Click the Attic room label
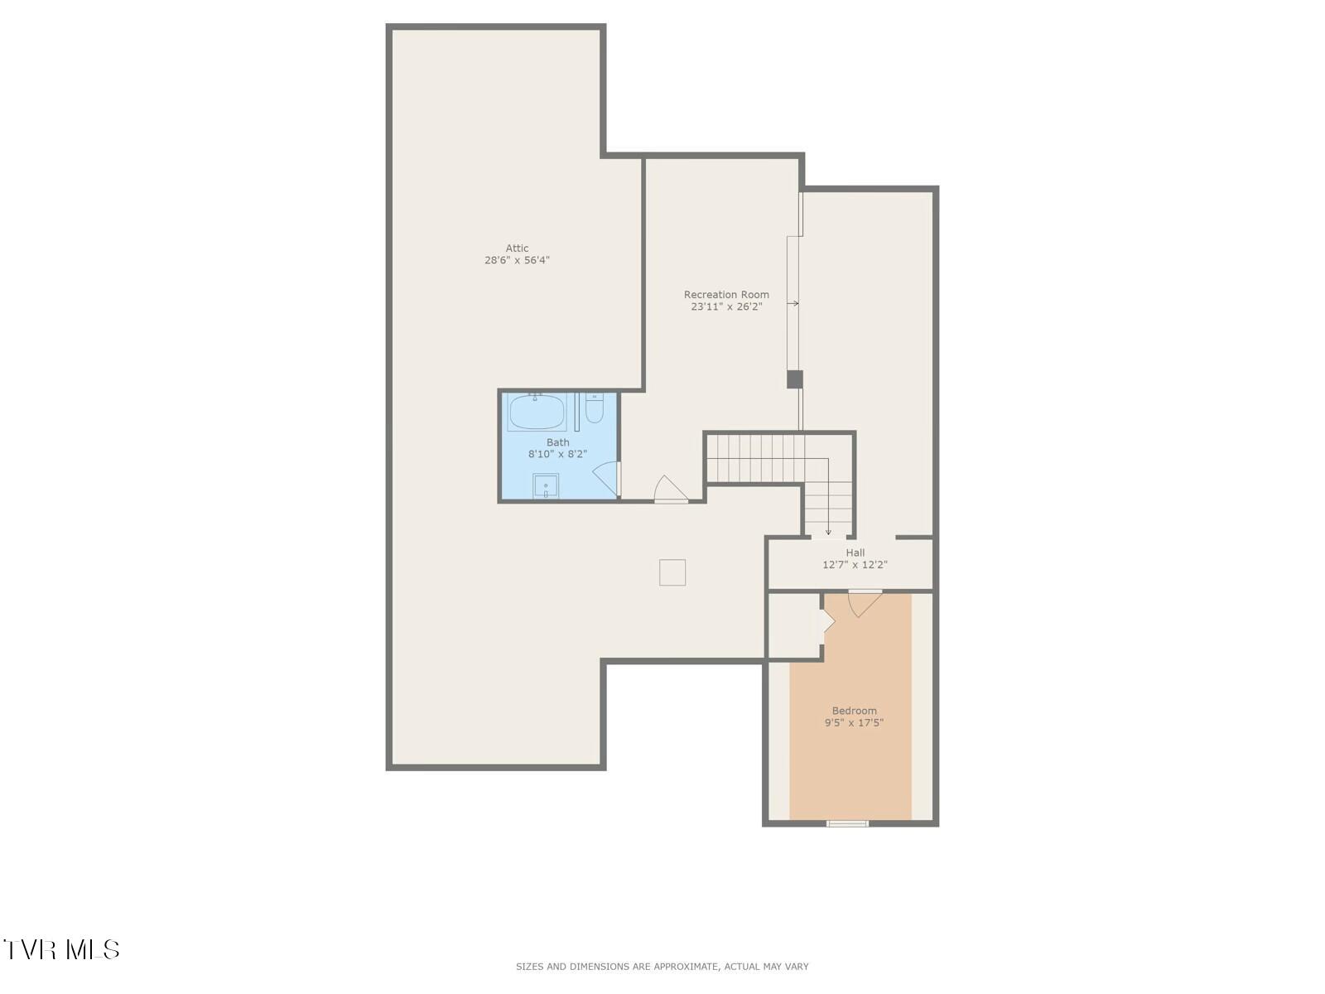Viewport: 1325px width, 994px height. [x=517, y=248]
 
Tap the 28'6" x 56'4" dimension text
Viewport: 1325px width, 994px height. [x=517, y=260]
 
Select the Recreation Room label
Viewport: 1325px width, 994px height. [x=726, y=294]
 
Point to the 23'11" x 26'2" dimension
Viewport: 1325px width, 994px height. [x=726, y=306]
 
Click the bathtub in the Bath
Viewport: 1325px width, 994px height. [x=537, y=412]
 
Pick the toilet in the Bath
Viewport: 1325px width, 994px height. [x=595, y=409]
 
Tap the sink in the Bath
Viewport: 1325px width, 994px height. [x=546, y=486]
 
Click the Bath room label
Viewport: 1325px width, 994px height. [x=557, y=442]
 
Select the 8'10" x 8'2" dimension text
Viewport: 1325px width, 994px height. [x=557, y=454]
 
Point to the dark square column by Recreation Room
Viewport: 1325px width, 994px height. [x=794, y=379]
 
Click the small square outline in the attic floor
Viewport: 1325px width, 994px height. [x=672, y=572]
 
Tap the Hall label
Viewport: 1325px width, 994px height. [x=855, y=552]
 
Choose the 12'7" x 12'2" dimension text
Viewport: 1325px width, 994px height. [x=855, y=565]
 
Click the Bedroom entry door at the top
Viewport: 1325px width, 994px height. [x=864, y=601]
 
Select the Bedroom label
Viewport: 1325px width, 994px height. [x=854, y=711]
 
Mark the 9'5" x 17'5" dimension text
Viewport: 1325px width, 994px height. [x=854, y=722]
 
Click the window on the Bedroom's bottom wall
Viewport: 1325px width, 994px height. [x=848, y=823]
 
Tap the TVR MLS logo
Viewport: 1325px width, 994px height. [x=62, y=949]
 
